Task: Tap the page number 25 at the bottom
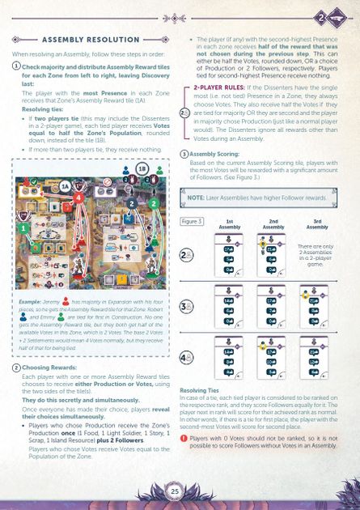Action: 174,491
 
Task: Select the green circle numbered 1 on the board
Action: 25,229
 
